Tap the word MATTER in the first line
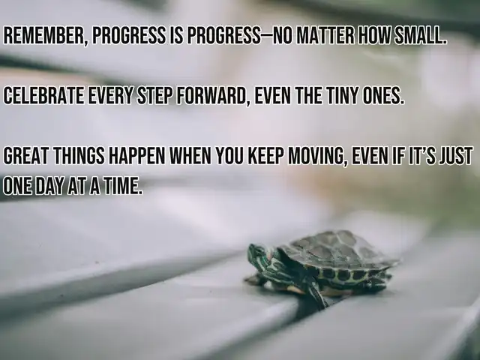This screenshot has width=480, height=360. (x=325, y=36)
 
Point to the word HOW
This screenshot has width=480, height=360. (x=373, y=36)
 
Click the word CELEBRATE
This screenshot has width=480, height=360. (x=43, y=96)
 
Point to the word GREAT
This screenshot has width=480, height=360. (x=25, y=156)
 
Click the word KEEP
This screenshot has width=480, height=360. (x=266, y=156)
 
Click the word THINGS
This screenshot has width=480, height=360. (x=79, y=156)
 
